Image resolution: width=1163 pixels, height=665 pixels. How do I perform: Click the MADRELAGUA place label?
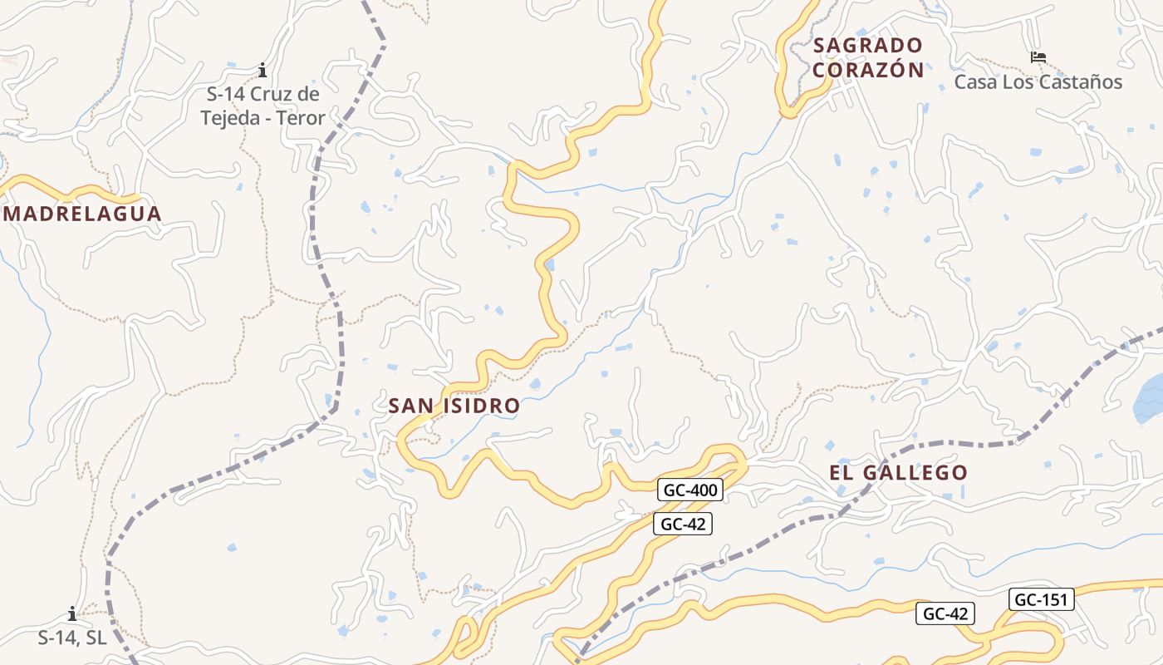(82, 214)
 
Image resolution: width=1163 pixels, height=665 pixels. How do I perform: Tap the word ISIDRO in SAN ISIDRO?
(483, 406)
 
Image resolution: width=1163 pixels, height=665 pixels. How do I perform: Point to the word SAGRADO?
(868, 45)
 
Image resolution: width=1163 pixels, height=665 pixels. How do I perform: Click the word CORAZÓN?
(868, 70)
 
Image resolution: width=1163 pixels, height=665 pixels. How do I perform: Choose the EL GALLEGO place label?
(898, 473)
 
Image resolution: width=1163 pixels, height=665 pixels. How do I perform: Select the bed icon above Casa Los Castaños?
(1038, 57)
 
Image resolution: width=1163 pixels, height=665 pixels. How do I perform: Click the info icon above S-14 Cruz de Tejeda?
(263, 70)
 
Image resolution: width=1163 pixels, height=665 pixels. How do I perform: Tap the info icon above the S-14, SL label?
(72, 614)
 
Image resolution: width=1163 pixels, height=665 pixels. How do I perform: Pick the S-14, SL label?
(72, 638)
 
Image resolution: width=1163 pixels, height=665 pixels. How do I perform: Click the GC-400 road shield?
(689, 490)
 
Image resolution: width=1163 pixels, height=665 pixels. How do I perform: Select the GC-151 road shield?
(1043, 599)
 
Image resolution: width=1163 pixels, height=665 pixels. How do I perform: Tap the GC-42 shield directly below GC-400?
(683, 524)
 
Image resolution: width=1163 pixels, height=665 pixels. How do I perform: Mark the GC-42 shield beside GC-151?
(945, 614)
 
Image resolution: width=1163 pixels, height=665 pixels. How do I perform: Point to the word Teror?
(300, 118)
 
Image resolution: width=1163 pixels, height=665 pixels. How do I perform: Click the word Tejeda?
(229, 118)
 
